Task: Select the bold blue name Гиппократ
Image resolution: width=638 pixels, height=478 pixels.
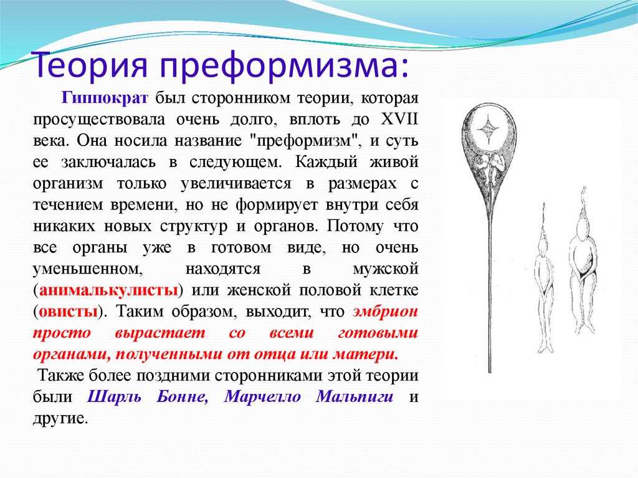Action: click(x=105, y=98)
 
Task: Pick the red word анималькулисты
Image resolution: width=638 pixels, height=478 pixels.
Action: click(x=108, y=290)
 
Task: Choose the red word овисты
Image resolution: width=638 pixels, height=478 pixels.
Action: click(x=69, y=312)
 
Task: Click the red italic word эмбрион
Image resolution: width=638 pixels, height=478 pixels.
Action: click(x=385, y=312)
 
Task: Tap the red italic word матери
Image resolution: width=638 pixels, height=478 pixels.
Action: click(x=365, y=354)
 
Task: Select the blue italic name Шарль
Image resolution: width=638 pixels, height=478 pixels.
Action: click(x=115, y=396)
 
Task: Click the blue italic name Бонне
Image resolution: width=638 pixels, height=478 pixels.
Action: click(x=183, y=396)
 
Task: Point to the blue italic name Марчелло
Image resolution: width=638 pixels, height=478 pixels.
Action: click(x=262, y=396)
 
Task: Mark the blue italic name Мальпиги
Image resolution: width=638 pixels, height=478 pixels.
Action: click(x=355, y=396)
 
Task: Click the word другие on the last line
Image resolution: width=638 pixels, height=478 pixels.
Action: click(x=60, y=418)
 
